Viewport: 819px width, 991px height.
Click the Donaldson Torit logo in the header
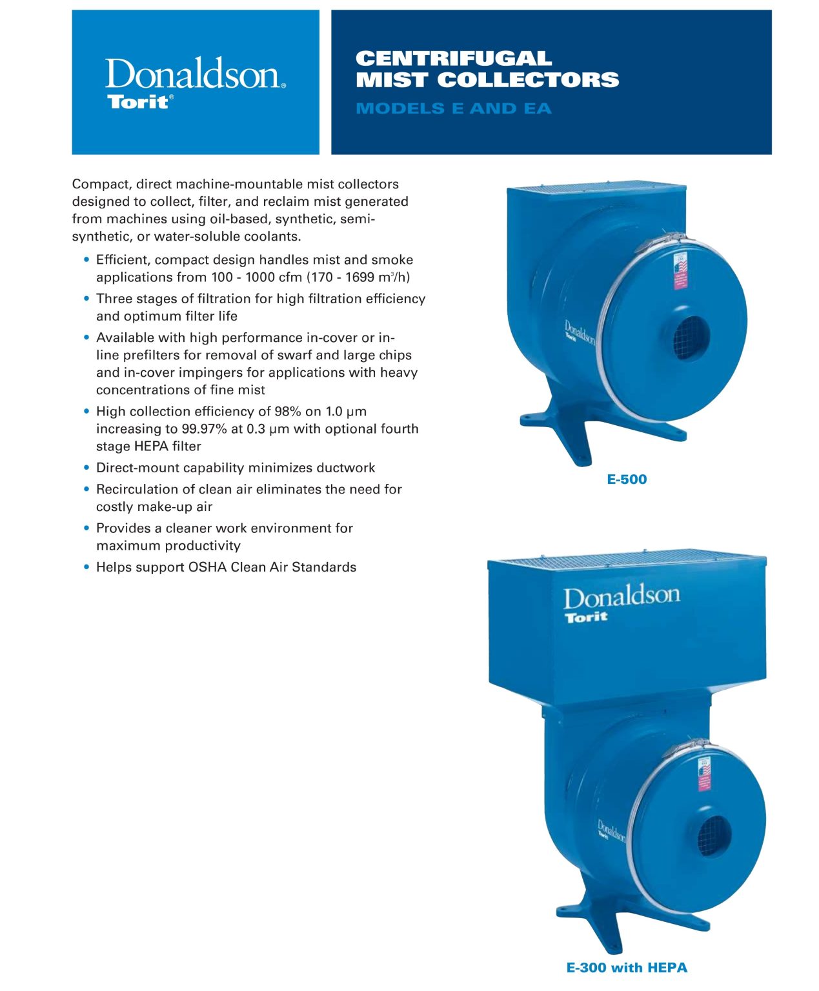(x=195, y=83)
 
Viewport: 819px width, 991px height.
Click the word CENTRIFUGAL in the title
(x=453, y=59)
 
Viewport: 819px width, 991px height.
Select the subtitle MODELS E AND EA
(x=453, y=108)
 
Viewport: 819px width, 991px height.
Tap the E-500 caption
(x=626, y=479)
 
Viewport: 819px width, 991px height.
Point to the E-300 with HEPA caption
(x=626, y=968)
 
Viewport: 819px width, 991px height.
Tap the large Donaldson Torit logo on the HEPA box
(x=621, y=603)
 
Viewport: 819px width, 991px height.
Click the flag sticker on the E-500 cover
(x=680, y=271)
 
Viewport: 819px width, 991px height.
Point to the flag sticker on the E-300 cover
(x=703, y=774)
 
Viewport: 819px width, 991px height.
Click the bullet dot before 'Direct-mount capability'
(x=86, y=468)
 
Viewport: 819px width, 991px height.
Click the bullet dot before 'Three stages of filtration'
(x=86, y=299)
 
